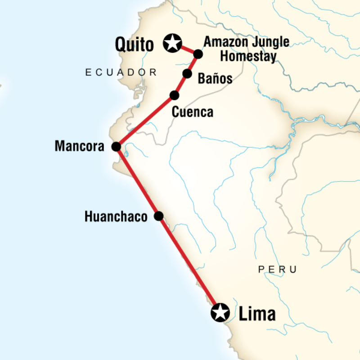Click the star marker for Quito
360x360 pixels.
tap(172, 43)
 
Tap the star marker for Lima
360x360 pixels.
tap(220, 312)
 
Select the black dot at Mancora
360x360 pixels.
tap(116, 146)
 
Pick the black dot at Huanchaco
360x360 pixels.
tap(158, 216)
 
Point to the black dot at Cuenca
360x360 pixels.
tap(174, 95)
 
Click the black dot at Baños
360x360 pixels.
tap(187, 73)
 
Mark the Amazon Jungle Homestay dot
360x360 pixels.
tap(198, 54)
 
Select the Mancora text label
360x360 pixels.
tap(79, 146)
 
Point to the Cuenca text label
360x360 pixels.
tap(193, 112)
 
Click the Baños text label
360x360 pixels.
tap(215, 79)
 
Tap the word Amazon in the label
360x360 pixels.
tap(225, 43)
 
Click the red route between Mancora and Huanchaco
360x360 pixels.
tap(137, 181)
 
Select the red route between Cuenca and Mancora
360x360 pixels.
tap(145, 121)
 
